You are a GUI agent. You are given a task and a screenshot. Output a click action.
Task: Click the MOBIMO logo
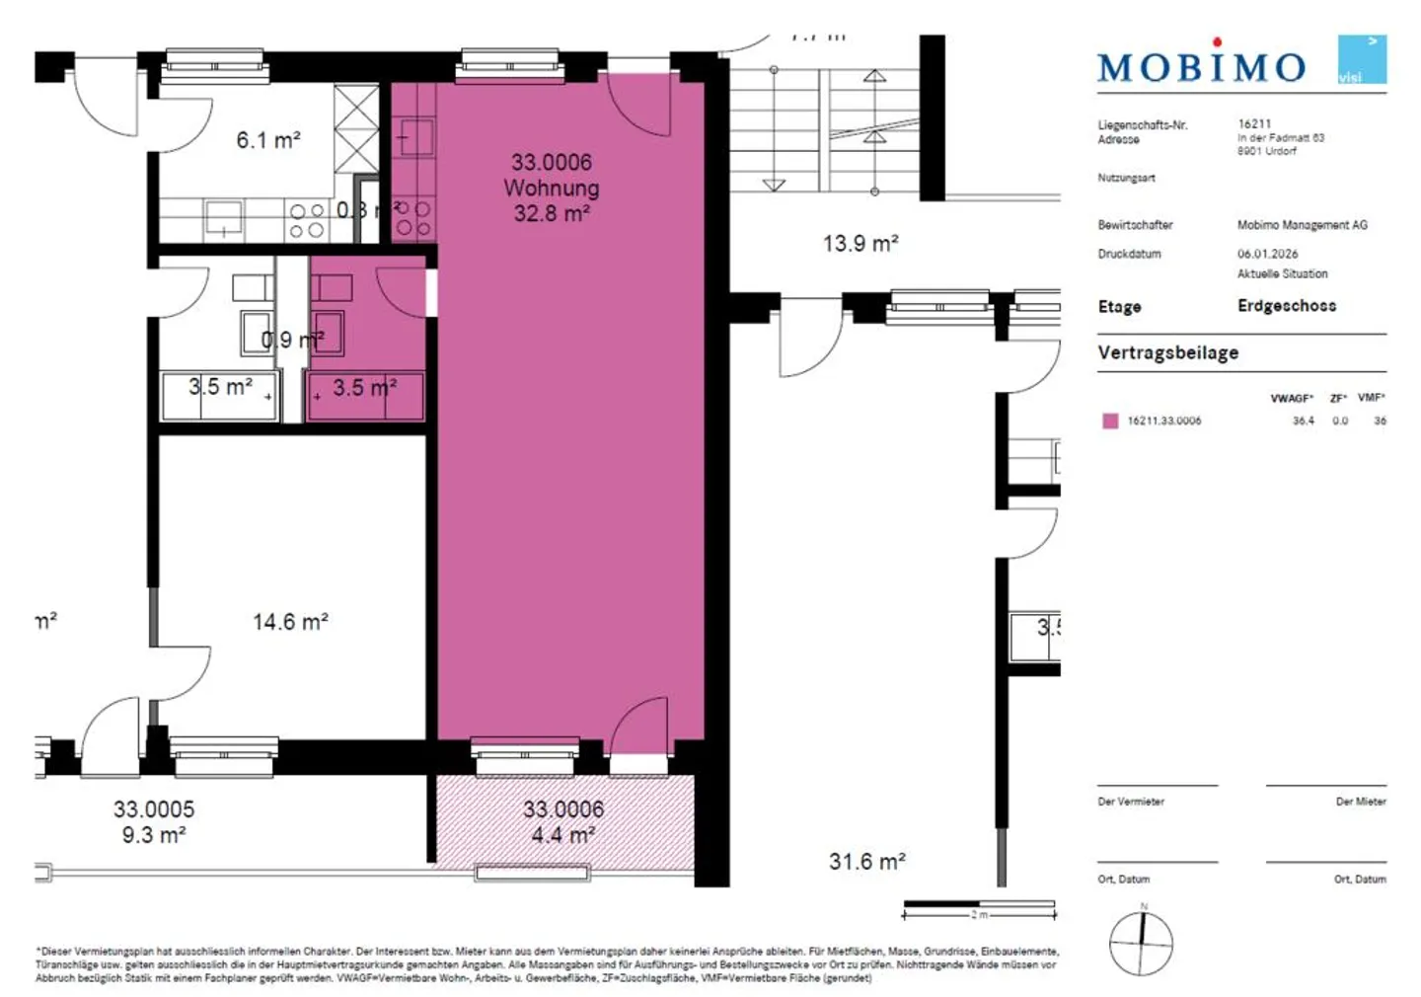[x=1201, y=66]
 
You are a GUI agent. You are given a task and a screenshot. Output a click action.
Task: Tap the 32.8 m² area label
[x=552, y=213]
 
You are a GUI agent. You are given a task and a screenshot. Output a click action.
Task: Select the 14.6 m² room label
[x=290, y=622]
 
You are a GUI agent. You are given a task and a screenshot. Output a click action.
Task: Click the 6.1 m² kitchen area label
[x=268, y=140]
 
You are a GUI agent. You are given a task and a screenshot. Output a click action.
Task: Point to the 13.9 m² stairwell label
[x=860, y=243]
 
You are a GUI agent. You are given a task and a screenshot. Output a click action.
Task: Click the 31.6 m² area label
[x=866, y=862]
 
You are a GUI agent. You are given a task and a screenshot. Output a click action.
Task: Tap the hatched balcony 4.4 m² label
[x=562, y=835]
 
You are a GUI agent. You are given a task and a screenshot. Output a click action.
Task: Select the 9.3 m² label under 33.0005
[x=154, y=835]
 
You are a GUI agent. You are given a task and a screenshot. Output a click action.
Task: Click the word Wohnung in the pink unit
[x=552, y=188]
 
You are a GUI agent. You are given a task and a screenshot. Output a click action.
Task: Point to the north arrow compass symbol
[x=1142, y=943]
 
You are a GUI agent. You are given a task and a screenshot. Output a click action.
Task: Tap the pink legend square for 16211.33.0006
[x=1110, y=421]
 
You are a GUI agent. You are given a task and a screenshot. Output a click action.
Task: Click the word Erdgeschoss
[x=1287, y=306]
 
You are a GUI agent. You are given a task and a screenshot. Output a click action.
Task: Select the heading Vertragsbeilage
[x=1167, y=352]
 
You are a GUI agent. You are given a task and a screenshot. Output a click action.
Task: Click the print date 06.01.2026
[x=1267, y=254]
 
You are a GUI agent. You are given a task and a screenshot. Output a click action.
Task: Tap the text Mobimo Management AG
[x=1302, y=225]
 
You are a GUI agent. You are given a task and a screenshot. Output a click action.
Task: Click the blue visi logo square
[x=1362, y=59]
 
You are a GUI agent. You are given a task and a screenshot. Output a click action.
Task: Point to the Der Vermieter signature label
[x=1131, y=802]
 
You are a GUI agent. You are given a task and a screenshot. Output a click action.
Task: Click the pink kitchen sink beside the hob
[x=415, y=139]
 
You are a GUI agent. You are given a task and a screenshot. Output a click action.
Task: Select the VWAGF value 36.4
[x=1303, y=421]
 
